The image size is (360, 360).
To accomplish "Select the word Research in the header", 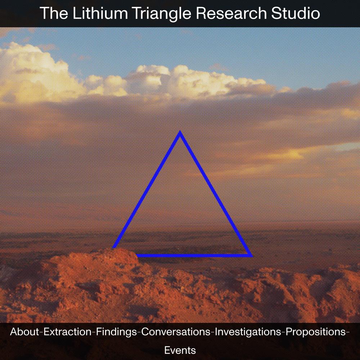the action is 231,13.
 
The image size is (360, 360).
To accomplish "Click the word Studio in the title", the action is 296,13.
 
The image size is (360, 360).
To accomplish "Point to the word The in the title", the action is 54,13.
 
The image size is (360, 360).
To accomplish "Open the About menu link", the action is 24,332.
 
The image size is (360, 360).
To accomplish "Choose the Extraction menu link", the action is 68,332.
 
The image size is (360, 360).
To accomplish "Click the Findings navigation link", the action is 116,332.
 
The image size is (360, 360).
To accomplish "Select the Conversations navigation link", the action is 176,332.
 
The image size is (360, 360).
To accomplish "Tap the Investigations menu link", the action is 248,332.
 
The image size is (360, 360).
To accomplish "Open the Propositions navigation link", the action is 316,332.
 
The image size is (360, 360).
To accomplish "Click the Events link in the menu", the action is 180,350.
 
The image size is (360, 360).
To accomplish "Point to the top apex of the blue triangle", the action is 180,131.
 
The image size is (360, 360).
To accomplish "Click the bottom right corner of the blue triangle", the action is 252,256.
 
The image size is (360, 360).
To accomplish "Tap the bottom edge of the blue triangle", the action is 194,256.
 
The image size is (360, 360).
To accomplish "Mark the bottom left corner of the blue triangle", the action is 112,248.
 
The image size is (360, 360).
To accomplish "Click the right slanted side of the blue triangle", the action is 216,193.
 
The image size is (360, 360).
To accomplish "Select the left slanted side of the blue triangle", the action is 147,189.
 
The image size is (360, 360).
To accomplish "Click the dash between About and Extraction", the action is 41,332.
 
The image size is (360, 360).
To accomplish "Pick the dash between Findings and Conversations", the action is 139,332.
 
